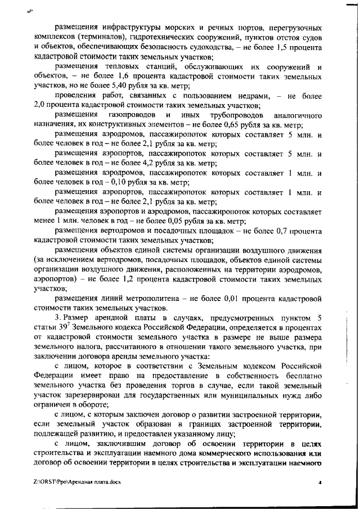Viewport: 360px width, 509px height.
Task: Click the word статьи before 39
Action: (46, 327)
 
